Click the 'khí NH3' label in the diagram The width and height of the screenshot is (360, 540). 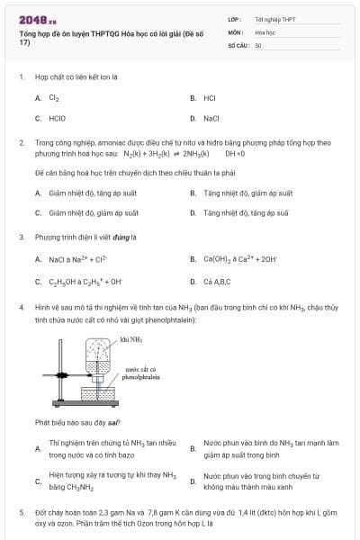click(x=131, y=339)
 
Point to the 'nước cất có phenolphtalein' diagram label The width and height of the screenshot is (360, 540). click(x=140, y=373)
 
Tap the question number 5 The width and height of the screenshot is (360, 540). click(x=22, y=511)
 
